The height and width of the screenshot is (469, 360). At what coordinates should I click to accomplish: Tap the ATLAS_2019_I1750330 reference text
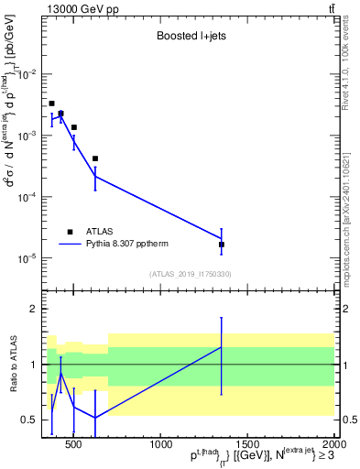pyautogui.click(x=190, y=274)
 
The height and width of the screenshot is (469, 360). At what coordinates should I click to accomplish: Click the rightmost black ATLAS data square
pyautogui.click(x=222, y=245)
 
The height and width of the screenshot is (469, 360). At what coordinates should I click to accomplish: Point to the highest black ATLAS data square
pyautogui.click(x=52, y=104)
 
